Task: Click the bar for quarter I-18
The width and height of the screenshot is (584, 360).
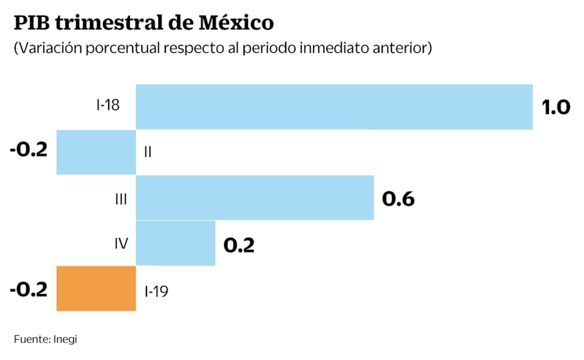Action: coord(334,106)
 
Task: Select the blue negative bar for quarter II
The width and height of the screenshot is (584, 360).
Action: coord(96,152)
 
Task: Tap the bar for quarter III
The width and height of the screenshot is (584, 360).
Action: coord(254,197)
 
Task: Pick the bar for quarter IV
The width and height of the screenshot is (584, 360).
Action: coord(175,243)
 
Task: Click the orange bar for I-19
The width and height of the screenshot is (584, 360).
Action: coord(96,288)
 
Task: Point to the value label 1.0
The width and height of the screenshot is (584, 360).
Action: coord(556,107)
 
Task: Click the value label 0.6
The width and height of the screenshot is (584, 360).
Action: coord(398,199)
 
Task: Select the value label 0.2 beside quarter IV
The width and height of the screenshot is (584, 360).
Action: coord(239,245)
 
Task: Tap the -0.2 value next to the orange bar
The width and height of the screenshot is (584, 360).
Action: coord(29,289)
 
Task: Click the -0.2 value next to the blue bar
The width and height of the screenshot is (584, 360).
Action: coord(29,149)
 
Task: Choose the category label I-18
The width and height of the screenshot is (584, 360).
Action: coord(108,105)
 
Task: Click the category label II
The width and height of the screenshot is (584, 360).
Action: coord(147,152)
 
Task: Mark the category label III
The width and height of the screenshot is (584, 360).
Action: coord(120,199)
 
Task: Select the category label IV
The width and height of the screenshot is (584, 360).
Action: coord(120,244)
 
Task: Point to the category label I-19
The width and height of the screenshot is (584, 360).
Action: coord(156,291)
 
